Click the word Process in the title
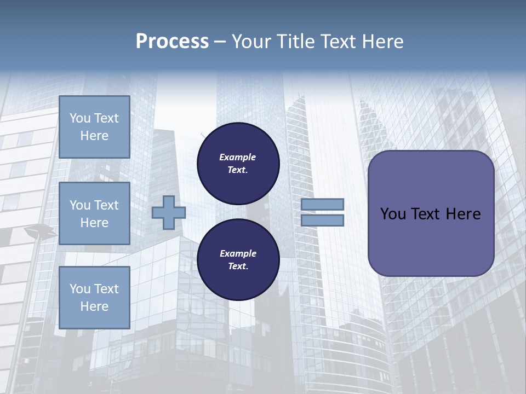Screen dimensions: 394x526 pyautogui.click(x=172, y=42)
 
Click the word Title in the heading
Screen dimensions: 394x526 pyautogui.click(x=294, y=42)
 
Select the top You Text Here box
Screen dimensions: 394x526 pyautogui.click(x=94, y=127)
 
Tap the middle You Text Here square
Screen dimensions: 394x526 pyautogui.click(x=94, y=213)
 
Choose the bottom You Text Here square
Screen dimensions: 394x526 pyautogui.click(x=94, y=297)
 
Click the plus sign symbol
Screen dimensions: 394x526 pyautogui.click(x=169, y=213)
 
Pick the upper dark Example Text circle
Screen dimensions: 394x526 pyautogui.click(x=238, y=164)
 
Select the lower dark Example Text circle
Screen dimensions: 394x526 pyautogui.click(x=238, y=260)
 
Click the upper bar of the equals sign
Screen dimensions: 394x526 pyautogui.click(x=323, y=205)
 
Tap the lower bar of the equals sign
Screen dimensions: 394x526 pyautogui.click(x=323, y=221)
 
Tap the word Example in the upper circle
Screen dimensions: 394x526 pyautogui.click(x=238, y=158)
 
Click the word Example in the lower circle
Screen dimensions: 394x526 pyautogui.click(x=238, y=254)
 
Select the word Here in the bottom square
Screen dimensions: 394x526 pyautogui.click(x=94, y=306)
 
